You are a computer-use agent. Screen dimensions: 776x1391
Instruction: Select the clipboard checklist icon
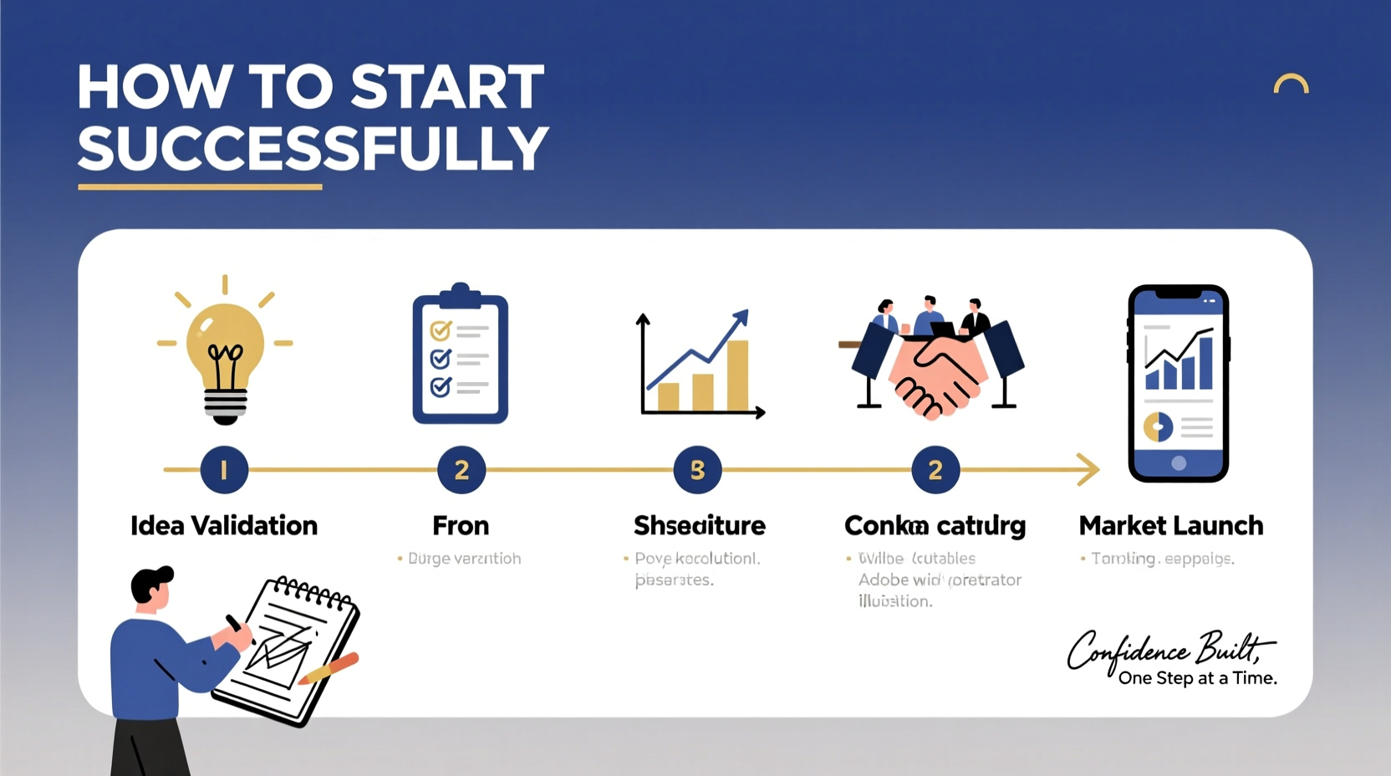click(460, 355)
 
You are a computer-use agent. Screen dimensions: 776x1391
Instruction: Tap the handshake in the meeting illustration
click(935, 375)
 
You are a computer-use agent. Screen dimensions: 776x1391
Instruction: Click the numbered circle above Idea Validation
click(224, 470)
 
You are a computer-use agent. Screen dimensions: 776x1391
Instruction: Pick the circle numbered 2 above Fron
click(461, 470)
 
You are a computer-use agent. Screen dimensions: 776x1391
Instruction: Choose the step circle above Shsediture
click(697, 470)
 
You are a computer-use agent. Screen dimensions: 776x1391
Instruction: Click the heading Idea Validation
click(224, 526)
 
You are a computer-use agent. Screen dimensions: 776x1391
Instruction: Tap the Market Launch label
click(1170, 526)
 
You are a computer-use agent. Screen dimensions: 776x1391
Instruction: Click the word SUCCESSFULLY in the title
click(313, 149)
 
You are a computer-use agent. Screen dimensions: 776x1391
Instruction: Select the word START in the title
click(447, 87)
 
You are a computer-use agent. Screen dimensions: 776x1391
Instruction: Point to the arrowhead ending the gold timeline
click(1088, 470)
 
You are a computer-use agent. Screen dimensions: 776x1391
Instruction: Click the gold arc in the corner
click(1291, 83)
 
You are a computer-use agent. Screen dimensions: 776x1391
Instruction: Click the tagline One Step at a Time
click(1197, 678)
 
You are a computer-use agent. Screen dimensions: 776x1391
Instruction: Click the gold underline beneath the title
click(200, 187)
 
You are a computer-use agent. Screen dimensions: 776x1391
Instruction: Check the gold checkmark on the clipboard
click(441, 330)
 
